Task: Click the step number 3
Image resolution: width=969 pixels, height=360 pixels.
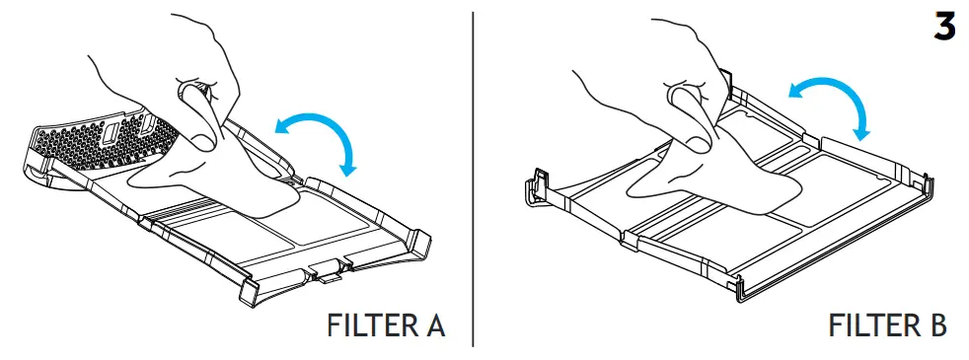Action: [944, 27]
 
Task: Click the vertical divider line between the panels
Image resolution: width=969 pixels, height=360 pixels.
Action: [473, 180]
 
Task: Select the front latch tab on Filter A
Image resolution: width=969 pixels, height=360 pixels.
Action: [325, 270]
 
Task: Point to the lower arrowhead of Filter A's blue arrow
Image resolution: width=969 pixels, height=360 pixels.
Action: [349, 168]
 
